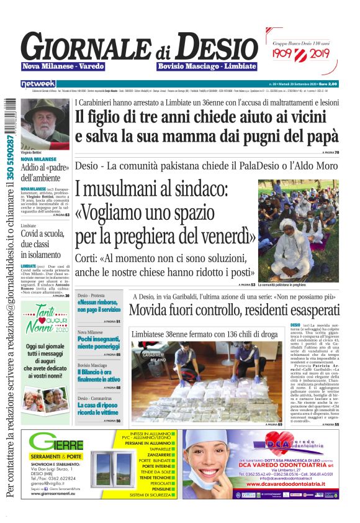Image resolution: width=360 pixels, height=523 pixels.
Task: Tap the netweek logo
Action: tap(38, 83)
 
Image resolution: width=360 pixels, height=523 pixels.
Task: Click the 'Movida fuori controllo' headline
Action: tap(235, 310)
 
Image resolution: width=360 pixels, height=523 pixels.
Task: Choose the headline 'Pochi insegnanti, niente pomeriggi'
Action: tap(99, 344)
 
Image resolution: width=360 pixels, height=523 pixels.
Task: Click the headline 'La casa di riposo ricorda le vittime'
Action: tap(99, 408)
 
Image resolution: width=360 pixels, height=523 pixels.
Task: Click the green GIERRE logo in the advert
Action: tap(56, 444)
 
